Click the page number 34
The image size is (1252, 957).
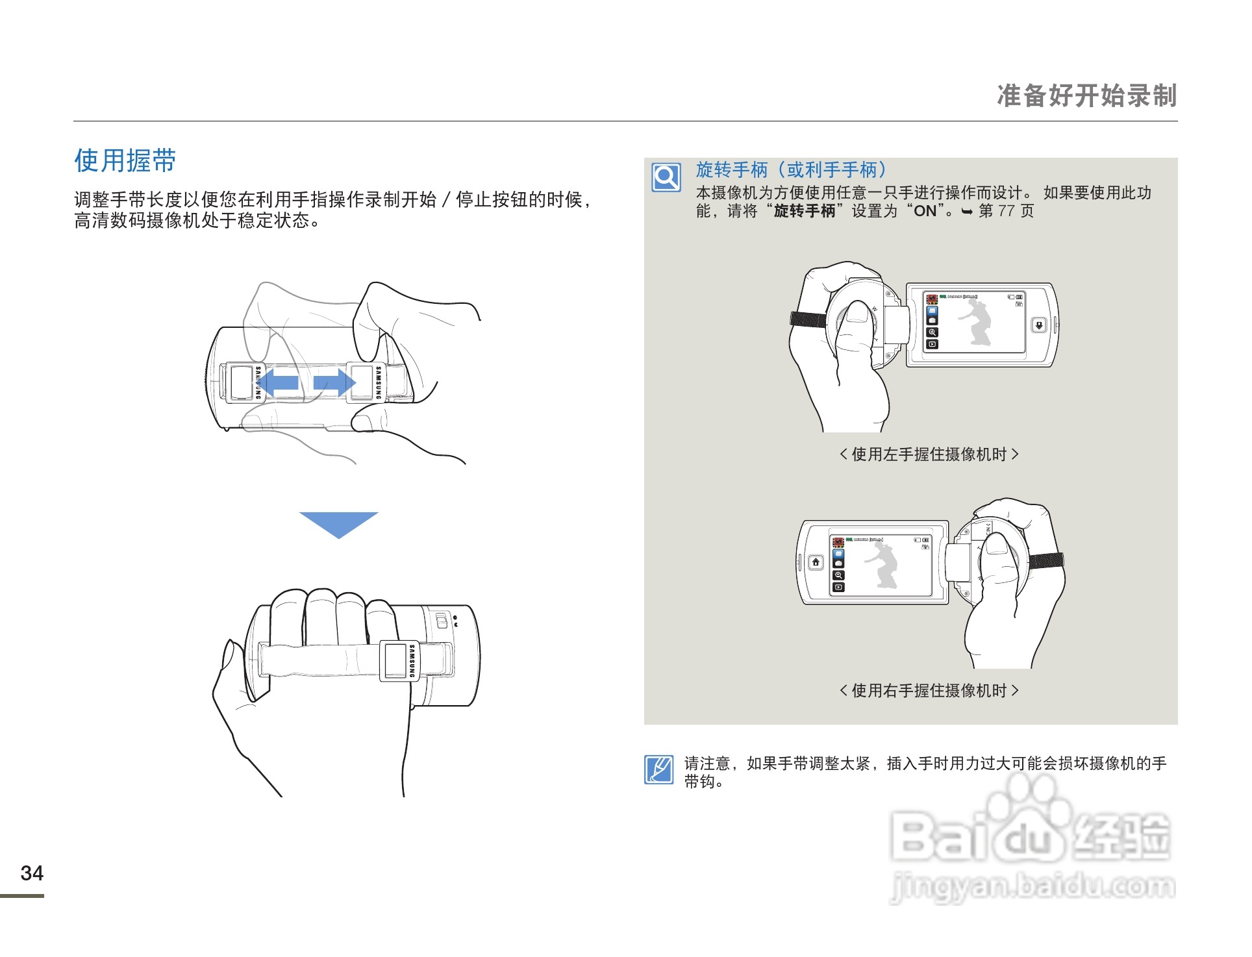point(32,873)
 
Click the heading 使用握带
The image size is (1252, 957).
point(125,160)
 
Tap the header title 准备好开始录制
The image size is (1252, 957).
point(1086,96)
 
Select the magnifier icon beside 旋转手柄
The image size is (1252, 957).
point(666,177)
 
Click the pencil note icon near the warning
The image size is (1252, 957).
point(658,770)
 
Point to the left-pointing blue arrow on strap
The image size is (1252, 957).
point(280,382)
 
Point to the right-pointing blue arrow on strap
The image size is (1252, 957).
point(334,382)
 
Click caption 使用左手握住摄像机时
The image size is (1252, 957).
point(929,454)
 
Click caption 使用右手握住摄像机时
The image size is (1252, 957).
point(929,691)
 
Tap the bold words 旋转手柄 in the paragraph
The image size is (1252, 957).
point(804,211)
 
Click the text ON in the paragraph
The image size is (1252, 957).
point(925,211)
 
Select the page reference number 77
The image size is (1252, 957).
point(1006,211)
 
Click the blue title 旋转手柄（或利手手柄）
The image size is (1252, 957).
point(791,170)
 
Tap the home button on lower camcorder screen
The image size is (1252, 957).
point(816,562)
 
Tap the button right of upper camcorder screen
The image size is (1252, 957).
point(1039,325)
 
